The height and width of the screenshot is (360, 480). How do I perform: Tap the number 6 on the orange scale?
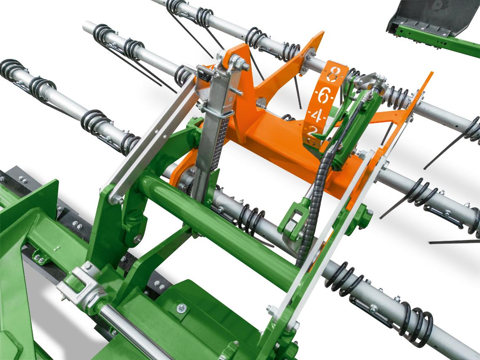(x=323, y=96)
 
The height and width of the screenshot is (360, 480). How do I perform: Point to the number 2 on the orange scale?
(x=312, y=132)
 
